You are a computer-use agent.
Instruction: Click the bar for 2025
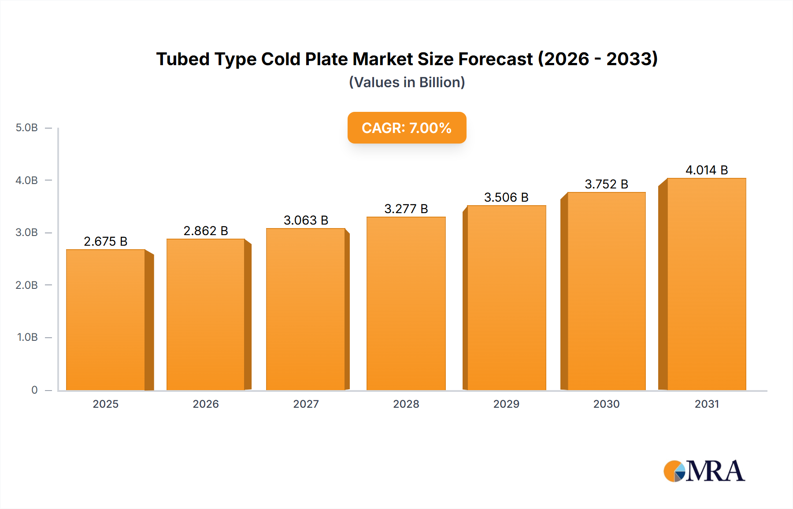(106, 320)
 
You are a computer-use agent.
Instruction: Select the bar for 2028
(406, 304)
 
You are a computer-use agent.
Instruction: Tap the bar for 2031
(706, 284)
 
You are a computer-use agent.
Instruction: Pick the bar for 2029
(506, 298)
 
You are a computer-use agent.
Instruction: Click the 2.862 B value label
(206, 231)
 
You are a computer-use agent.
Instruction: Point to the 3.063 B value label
(306, 220)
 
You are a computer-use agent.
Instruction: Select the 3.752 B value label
(606, 184)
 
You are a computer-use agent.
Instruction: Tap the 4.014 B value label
(706, 170)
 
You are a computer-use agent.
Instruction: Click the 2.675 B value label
(106, 241)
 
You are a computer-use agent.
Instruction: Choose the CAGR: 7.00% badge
(407, 128)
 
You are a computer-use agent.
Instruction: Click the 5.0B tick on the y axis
(27, 128)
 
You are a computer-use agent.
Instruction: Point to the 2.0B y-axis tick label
(27, 285)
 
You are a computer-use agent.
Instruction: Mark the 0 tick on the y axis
(34, 390)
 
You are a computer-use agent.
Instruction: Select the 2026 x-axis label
(206, 404)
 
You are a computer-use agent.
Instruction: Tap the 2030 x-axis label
(606, 404)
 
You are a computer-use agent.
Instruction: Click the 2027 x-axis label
(306, 404)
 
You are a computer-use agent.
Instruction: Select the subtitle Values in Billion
(407, 82)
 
